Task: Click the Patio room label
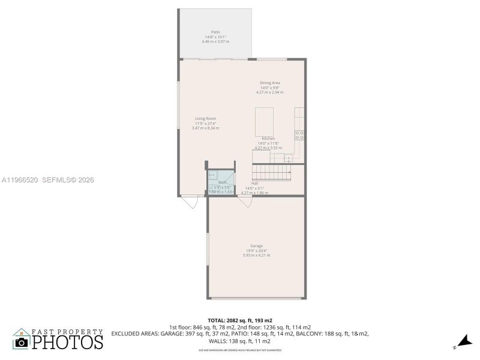click(215, 32)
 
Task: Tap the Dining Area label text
click(269, 83)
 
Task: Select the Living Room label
click(205, 119)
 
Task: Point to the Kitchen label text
click(268, 139)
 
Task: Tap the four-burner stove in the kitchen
click(299, 136)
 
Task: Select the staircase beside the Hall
click(271, 174)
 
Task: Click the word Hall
click(254, 183)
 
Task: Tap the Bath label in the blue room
click(222, 182)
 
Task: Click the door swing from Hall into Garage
click(245, 203)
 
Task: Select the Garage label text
click(256, 246)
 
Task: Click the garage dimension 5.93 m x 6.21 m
click(256, 256)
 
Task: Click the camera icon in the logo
click(22, 342)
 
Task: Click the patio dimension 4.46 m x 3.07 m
click(215, 41)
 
